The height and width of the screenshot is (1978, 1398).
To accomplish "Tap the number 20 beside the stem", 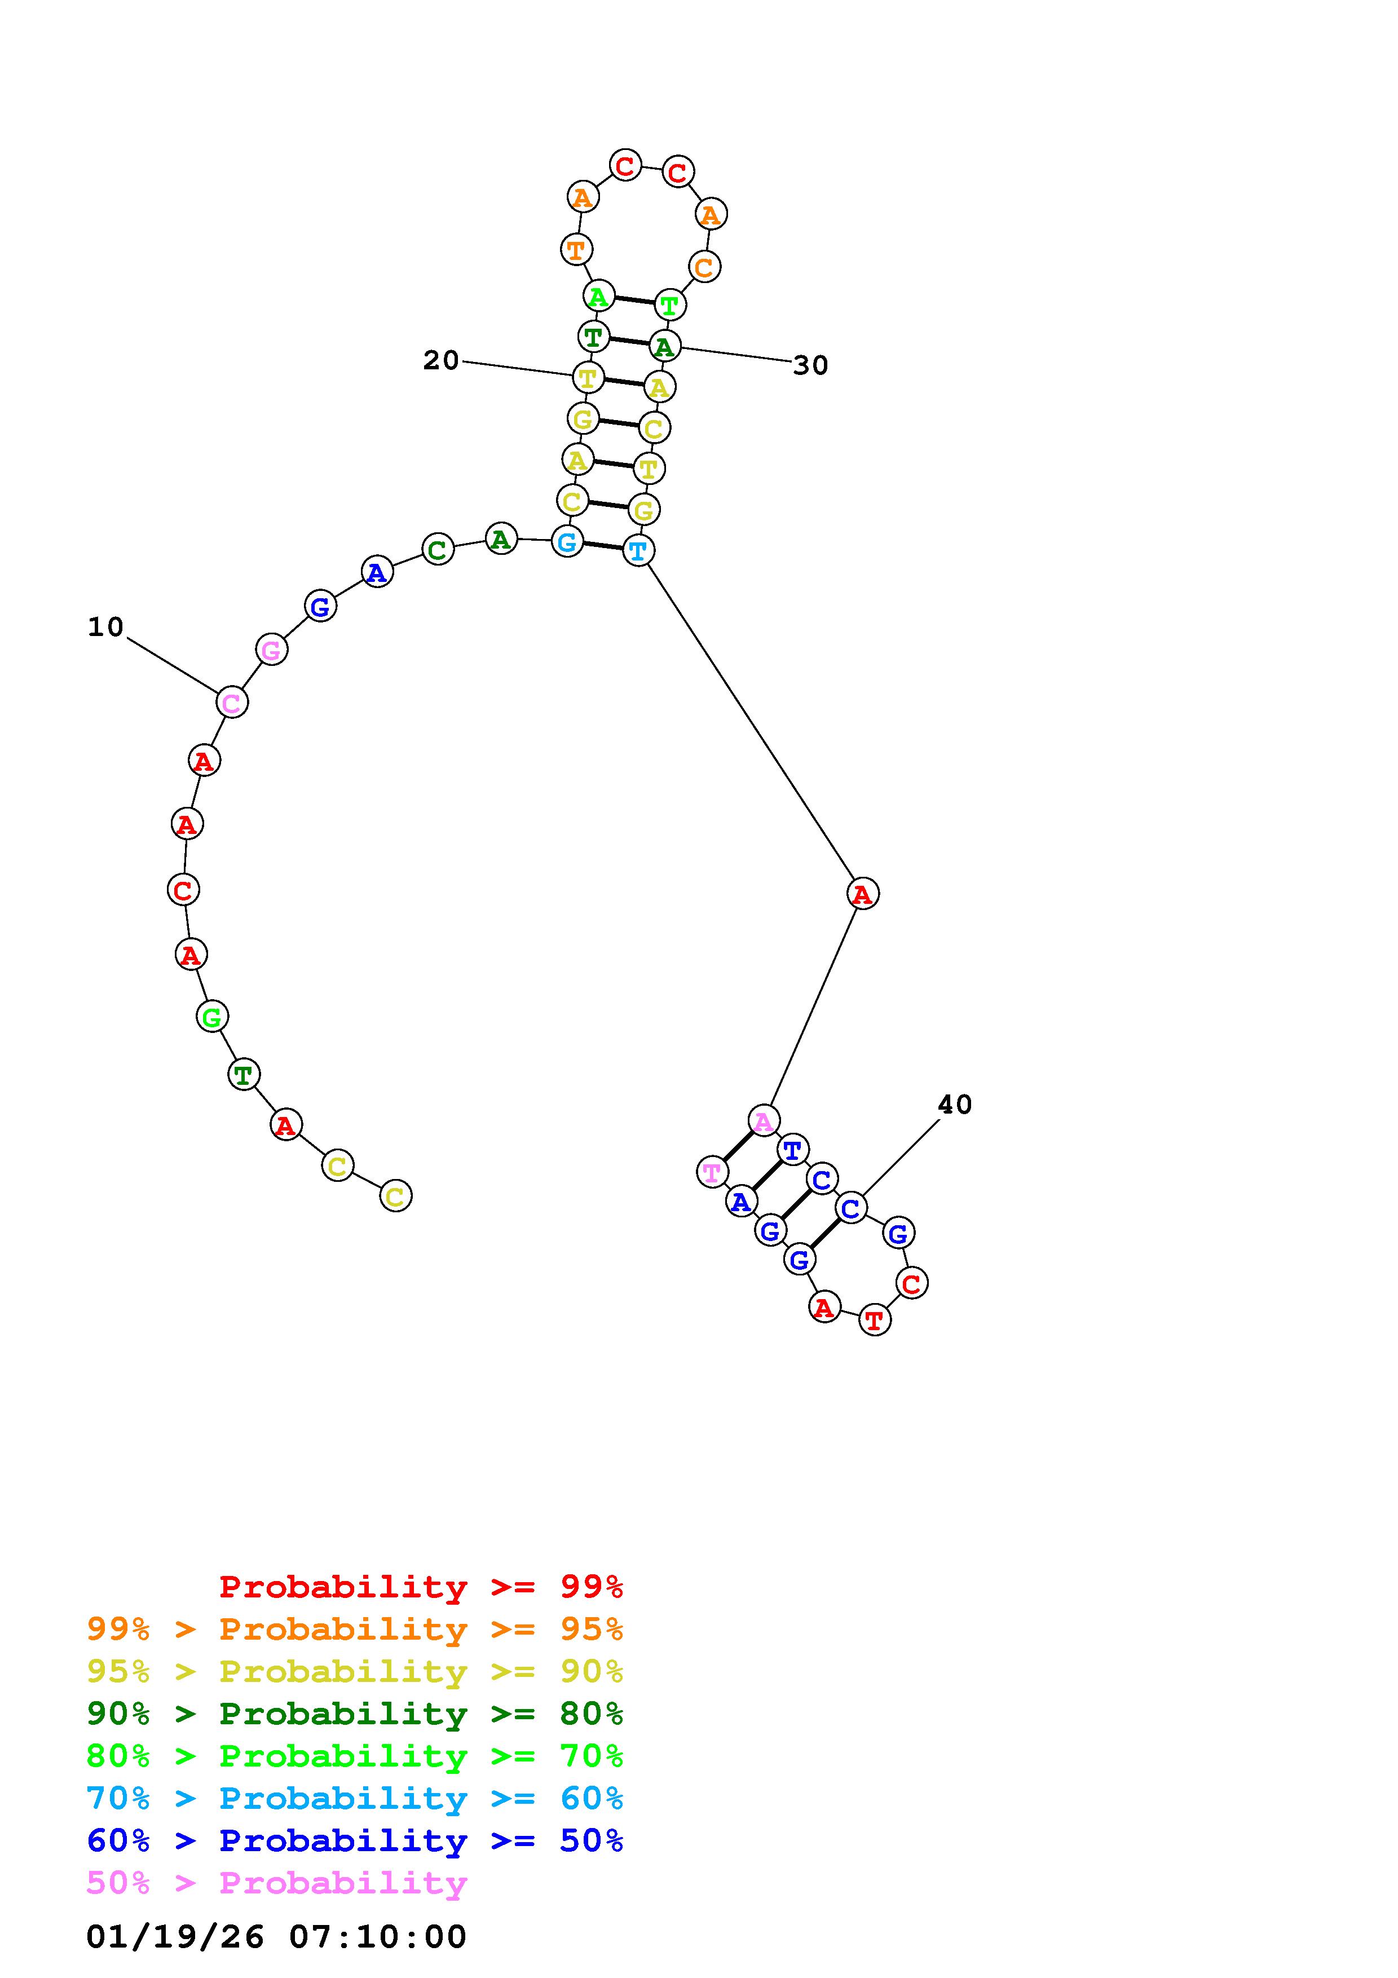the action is pos(440,360).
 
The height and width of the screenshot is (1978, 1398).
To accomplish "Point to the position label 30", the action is pos(810,365).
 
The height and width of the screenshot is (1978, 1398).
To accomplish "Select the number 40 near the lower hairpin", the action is pos(954,1105).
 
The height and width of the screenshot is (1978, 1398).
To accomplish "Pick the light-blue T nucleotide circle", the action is pos(638,550).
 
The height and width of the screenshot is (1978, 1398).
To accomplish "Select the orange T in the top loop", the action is pos(576,250).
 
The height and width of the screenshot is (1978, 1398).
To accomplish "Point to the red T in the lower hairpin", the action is pos(874,1320).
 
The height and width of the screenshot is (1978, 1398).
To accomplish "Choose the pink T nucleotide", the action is pos(712,1172).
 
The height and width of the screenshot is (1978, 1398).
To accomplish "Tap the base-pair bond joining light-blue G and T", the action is pos(602,545).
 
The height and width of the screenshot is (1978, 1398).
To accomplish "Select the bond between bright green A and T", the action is pos(633,300).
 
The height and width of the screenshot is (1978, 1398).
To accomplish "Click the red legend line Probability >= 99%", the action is pos(421,1587).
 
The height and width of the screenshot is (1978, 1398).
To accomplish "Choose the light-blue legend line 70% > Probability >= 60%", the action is pos(355,1799).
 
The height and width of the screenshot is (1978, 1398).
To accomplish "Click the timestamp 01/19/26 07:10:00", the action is pos(276,1937).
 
